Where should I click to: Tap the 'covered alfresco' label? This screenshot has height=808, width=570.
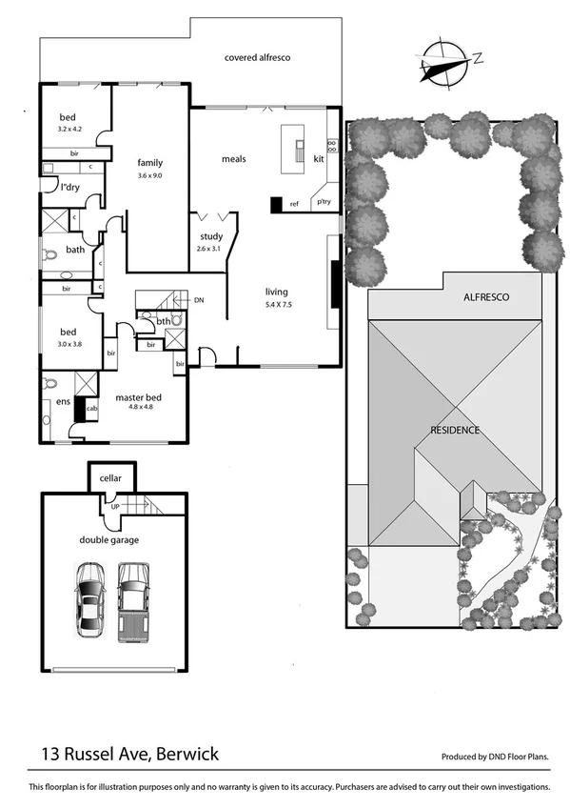(257, 58)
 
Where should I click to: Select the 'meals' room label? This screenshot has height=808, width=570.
(234, 159)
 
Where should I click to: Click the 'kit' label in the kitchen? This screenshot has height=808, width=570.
(319, 159)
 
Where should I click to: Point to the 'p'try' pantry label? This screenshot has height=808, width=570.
(324, 201)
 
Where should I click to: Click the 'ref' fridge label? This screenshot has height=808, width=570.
(294, 204)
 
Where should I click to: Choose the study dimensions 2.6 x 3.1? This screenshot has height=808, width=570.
(209, 249)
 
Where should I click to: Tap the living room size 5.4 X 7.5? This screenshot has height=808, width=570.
(276, 304)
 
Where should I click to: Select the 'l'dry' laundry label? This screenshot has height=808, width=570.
(69, 188)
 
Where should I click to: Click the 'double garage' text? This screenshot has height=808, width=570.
(109, 540)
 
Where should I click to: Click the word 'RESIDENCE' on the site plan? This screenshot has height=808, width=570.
(454, 430)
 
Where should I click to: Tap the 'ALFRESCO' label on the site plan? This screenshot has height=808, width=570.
(485, 298)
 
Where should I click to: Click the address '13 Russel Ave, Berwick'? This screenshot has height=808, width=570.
(129, 754)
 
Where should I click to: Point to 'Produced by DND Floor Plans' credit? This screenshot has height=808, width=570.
(495, 757)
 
